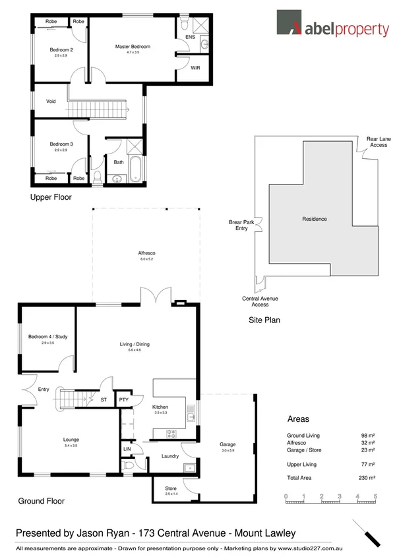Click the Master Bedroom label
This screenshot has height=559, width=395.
tap(133, 47)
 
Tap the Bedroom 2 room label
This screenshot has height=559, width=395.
tap(61, 50)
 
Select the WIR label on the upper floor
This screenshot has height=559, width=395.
tap(195, 68)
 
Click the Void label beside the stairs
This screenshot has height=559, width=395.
tap(51, 102)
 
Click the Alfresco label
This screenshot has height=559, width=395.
tap(146, 253)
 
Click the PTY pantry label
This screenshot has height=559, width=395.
tap(123, 399)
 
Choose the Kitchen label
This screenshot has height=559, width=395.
tap(161, 407)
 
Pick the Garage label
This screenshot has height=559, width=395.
tap(227, 444)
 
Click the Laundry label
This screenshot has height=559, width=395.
tap(170, 456)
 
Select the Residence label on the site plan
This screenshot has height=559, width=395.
tap(314, 219)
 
